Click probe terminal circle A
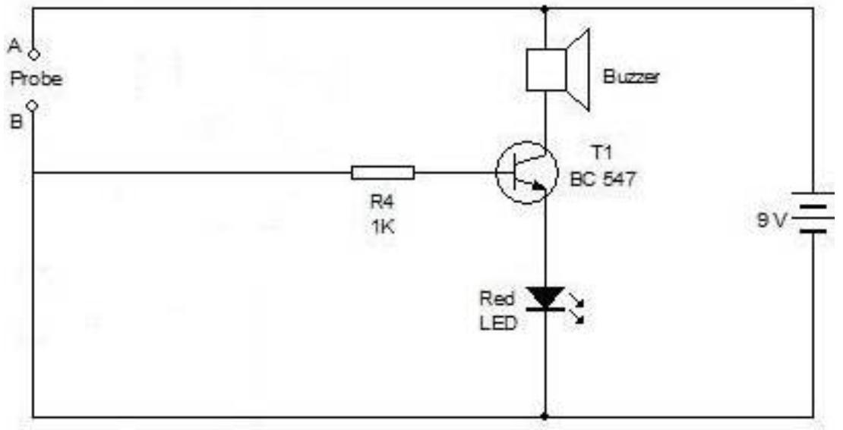click(33, 53)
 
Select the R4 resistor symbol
click(383, 172)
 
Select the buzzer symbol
click(558, 69)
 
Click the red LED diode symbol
click(545, 298)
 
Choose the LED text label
click(498, 322)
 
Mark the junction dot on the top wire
click(545, 9)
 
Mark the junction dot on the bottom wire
click(545, 416)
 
